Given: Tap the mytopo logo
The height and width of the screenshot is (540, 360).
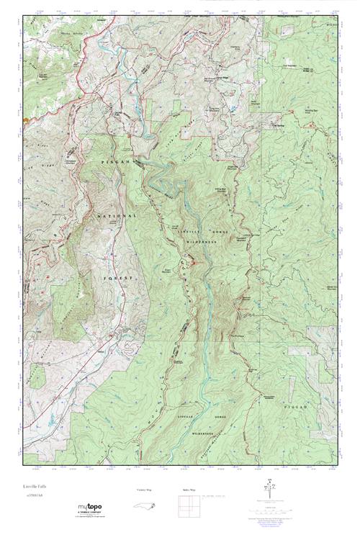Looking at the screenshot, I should click(93, 509).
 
